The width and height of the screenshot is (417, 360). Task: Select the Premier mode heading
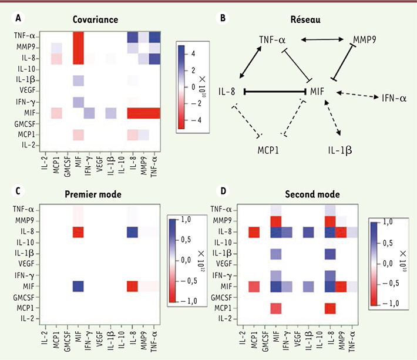tap(95, 193)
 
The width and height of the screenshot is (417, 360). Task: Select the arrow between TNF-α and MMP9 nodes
tap(322, 40)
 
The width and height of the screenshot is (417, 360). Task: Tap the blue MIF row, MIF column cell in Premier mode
tap(77, 286)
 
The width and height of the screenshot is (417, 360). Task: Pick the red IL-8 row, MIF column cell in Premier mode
tap(77, 231)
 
